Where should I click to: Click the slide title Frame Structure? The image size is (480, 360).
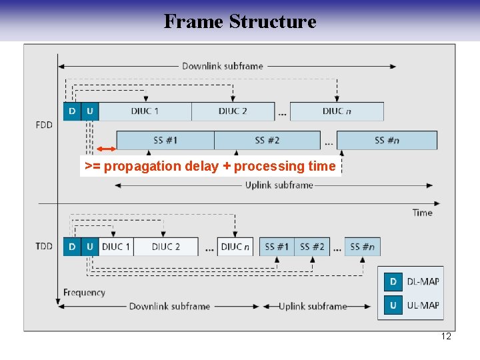click(x=240, y=21)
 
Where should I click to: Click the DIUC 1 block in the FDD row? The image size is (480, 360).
click(x=145, y=111)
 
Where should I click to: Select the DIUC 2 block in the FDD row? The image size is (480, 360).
click(x=233, y=111)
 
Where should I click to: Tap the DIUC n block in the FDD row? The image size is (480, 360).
click(x=337, y=111)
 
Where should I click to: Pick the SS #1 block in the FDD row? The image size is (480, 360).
click(x=165, y=140)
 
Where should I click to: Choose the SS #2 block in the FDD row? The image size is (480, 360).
click(x=267, y=140)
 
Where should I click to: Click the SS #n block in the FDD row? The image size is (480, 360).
click(x=387, y=140)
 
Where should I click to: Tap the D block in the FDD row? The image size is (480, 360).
click(x=72, y=111)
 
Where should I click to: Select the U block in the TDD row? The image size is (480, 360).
click(x=90, y=247)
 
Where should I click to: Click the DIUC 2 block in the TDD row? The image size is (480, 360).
click(x=165, y=247)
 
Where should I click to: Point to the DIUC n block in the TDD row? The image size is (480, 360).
click(x=235, y=247)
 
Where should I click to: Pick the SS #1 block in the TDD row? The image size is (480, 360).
click(x=277, y=247)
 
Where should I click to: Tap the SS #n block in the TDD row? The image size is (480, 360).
click(x=361, y=247)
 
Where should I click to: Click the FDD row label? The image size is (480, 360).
click(x=44, y=125)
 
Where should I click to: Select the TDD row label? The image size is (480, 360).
click(x=44, y=247)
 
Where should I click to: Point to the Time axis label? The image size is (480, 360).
click(x=422, y=213)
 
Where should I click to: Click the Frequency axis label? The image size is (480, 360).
click(x=84, y=292)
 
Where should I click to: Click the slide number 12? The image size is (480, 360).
click(x=446, y=336)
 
